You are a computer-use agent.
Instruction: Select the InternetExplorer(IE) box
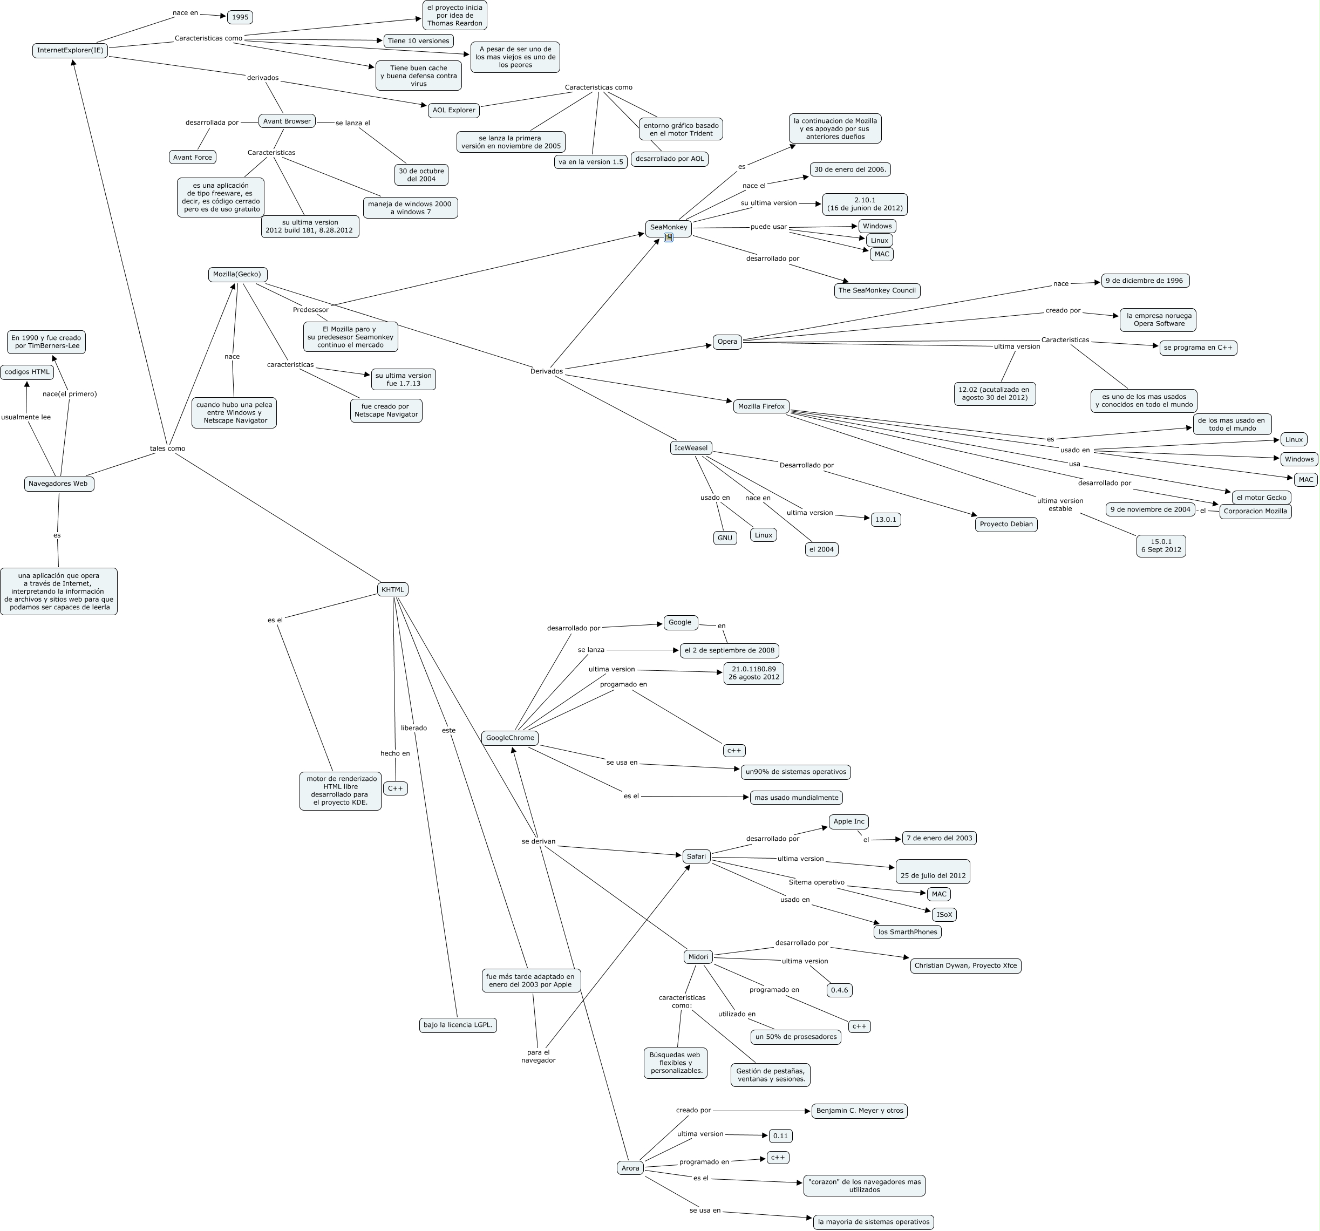[70, 51]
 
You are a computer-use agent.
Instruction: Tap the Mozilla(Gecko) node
[237, 274]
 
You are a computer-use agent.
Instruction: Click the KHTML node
[392, 590]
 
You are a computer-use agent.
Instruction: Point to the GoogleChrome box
[509, 738]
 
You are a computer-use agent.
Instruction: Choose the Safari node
[696, 856]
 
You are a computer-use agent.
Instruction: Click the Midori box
[698, 957]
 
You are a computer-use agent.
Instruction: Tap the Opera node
[727, 342]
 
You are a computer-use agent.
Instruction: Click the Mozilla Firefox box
[761, 406]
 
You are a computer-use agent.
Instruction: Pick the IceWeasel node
[691, 448]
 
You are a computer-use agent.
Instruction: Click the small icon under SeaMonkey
[669, 237]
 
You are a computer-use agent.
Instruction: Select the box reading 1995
[240, 17]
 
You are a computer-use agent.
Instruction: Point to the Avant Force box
[192, 158]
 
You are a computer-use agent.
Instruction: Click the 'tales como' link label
[167, 449]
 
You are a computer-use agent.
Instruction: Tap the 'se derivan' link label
[538, 842]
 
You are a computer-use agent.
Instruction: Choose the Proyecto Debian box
[1006, 524]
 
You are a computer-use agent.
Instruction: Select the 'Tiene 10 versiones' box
[418, 41]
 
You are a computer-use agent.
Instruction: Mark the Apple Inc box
[848, 822]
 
